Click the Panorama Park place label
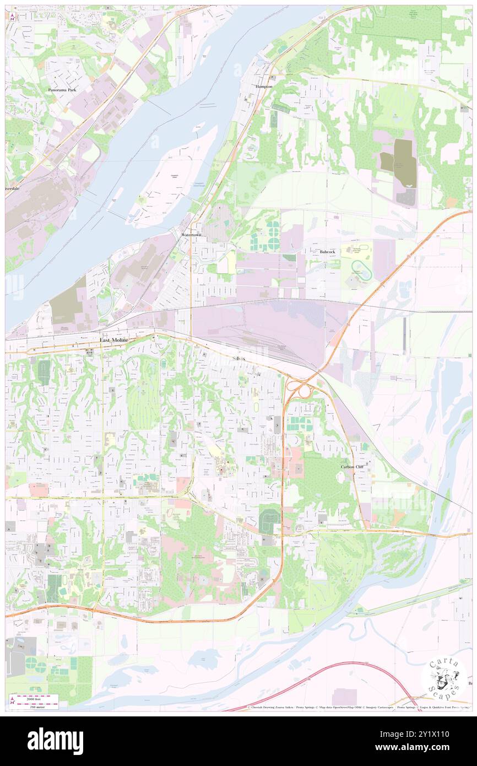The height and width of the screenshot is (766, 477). click(x=62, y=89)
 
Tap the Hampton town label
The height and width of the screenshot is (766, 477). click(x=264, y=87)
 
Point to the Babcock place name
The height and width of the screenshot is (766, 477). click(x=327, y=252)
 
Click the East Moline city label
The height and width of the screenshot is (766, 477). click(x=113, y=341)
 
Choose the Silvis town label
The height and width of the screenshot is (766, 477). click(x=239, y=358)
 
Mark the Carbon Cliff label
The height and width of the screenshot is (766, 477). click(x=352, y=467)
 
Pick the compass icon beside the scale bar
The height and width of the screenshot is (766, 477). click(x=12, y=701)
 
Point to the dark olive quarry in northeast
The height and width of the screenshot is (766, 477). click(x=405, y=163)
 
